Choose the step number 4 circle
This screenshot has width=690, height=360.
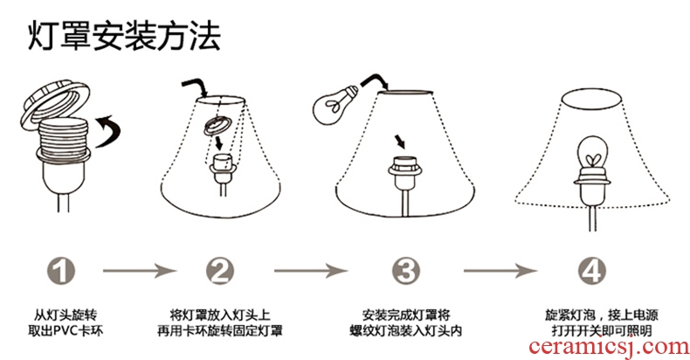591,272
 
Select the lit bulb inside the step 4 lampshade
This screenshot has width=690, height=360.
592,161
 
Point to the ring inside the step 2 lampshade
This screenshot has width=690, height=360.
217,127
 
